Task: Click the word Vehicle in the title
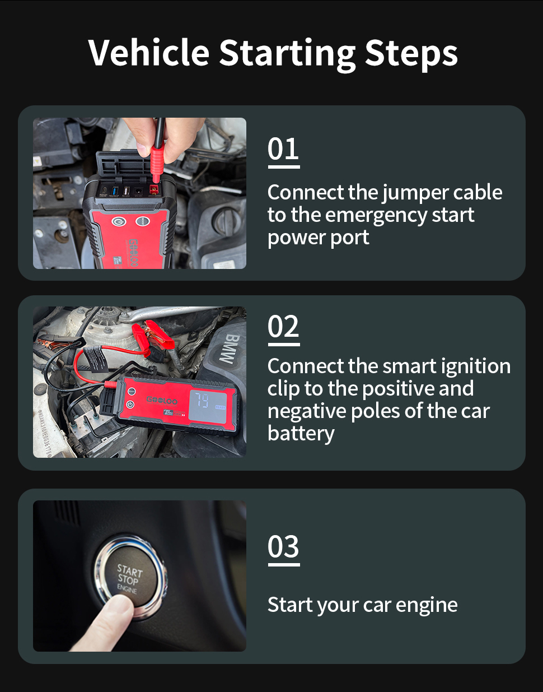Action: [148, 52]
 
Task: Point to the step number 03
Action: [283, 546]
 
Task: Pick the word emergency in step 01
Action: [376, 216]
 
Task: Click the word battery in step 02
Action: [301, 434]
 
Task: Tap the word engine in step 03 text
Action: [426, 606]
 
